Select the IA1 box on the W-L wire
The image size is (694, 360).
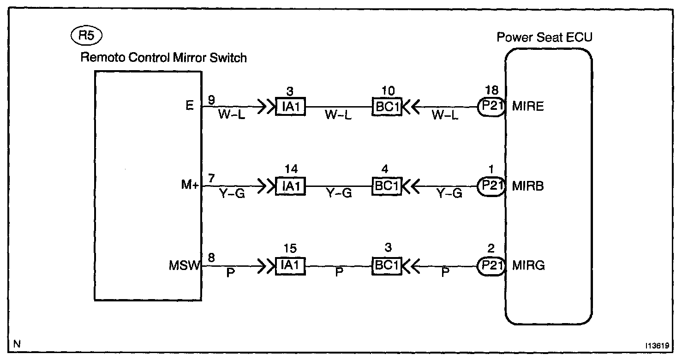pos(291,107)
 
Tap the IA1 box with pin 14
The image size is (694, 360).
pos(291,186)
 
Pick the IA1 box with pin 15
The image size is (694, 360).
pos(291,266)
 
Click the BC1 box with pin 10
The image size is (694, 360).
pos(387,107)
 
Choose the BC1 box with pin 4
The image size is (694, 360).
pos(387,186)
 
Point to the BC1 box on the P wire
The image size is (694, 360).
pos(387,266)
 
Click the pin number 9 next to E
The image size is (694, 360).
pos(211,99)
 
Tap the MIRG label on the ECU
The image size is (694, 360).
pos(528,266)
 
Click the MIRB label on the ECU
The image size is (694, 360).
pos(528,186)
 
